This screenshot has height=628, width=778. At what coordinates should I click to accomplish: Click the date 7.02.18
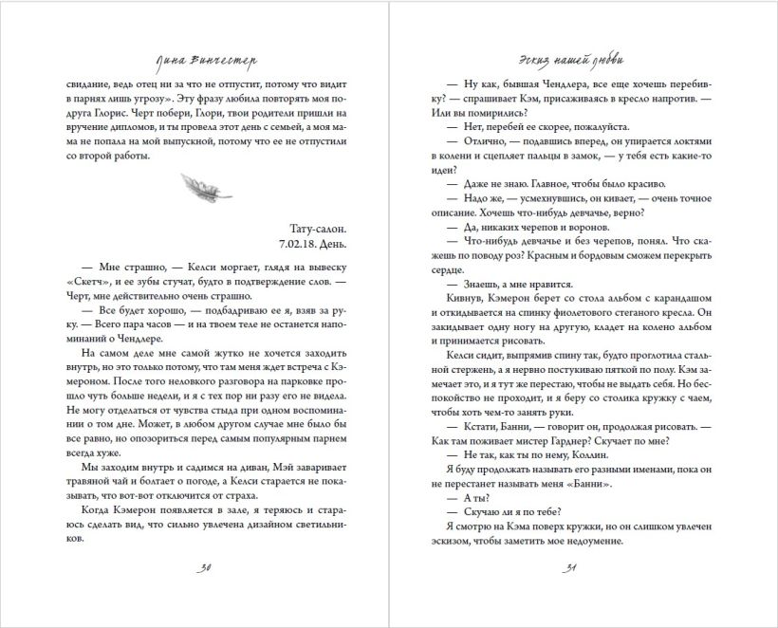299,246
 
